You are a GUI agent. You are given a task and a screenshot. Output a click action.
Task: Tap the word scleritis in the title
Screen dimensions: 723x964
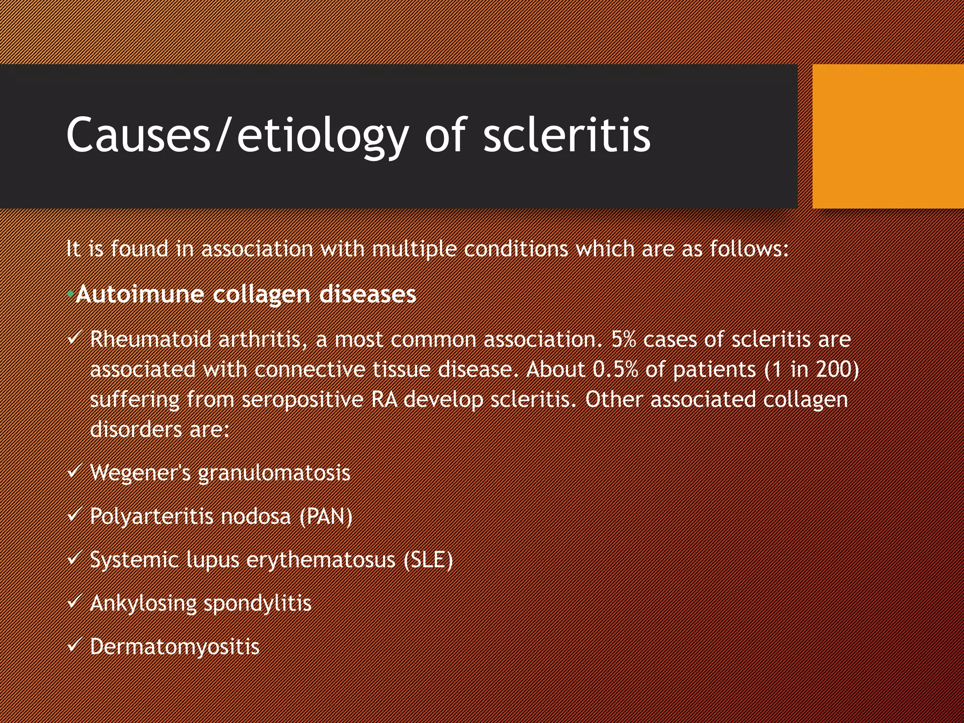[567, 136]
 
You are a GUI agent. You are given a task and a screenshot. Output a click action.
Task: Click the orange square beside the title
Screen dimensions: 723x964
[888, 137]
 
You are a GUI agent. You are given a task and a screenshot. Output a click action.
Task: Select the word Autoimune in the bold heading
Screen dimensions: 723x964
[140, 294]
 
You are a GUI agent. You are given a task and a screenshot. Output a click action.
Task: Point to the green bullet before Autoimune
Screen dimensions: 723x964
[70, 294]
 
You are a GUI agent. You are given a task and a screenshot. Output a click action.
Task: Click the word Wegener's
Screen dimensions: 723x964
[140, 473]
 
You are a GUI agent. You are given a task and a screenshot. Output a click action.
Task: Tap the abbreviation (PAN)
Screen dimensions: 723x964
[326, 516]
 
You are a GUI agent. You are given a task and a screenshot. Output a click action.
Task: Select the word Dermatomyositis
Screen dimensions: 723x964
[175, 647]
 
